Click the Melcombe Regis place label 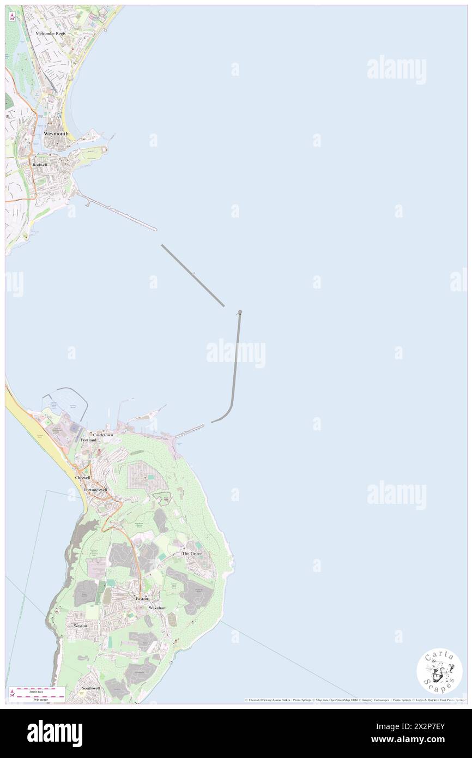point(51,33)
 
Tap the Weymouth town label point(56,133)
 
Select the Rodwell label point(40,165)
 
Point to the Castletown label point(103,435)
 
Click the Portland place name point(89,440)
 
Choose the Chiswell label point(82,477)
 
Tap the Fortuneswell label point(96,490)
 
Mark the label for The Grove point(192,554)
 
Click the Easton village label point(142,599)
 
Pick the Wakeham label point(158,607)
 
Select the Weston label point(80,626)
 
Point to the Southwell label point(90,688)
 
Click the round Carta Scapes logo point(439,671)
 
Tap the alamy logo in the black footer point(55,733)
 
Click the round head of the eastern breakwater point(240,312)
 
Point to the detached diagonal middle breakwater point(193,275)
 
